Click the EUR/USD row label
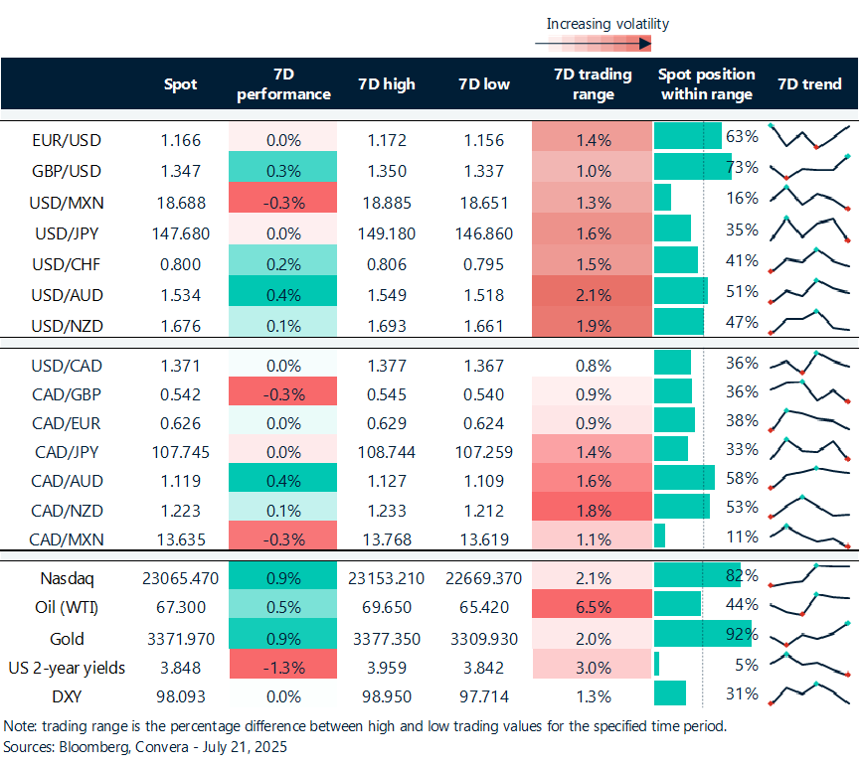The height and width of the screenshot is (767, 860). tap(67, 140)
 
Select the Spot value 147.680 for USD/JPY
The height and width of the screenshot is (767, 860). tap(180, 233)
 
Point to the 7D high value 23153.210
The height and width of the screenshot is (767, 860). tap(386, 578)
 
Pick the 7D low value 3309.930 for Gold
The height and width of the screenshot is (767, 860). tap(484, 639)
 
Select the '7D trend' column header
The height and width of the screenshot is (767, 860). tap(809, 83)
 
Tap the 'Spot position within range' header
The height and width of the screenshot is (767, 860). tap(707, 83)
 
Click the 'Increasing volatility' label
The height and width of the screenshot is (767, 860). tap(607, 24)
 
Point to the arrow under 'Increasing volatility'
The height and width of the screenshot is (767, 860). tap(593, 44)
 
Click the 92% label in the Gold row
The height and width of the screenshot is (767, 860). tap(742, 634)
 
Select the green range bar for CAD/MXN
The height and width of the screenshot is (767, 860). tap(660, 536)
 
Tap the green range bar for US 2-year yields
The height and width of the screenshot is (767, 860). tap(656, 664)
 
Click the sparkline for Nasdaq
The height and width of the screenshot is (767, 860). tap(810, 575)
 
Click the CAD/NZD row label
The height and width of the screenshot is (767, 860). tap(67, 511)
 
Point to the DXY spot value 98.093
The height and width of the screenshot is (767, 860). tap(180, 696)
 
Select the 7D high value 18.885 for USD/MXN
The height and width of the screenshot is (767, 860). tap(387, 203)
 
